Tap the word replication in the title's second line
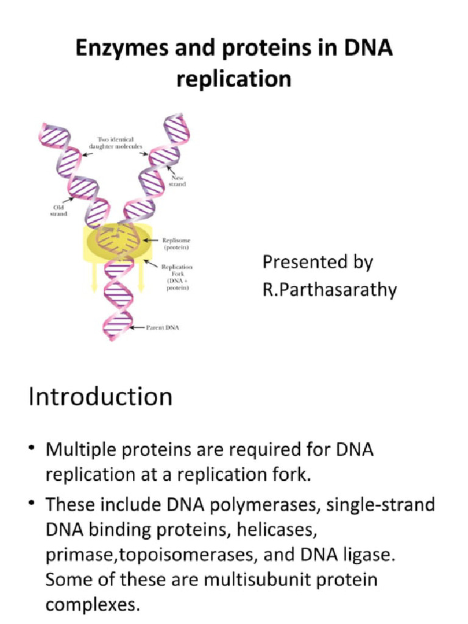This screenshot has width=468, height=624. pos(233,80)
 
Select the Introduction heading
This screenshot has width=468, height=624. pos(101,397)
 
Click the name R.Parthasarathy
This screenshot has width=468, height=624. pos(329,290)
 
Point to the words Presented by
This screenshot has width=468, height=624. pos(317,262)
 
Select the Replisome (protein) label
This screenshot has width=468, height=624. pos(175,244)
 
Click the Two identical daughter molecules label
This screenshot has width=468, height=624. pos(120,144)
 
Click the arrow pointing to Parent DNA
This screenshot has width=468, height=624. pos(139,328)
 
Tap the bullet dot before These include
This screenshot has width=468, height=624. pos(32,505)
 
